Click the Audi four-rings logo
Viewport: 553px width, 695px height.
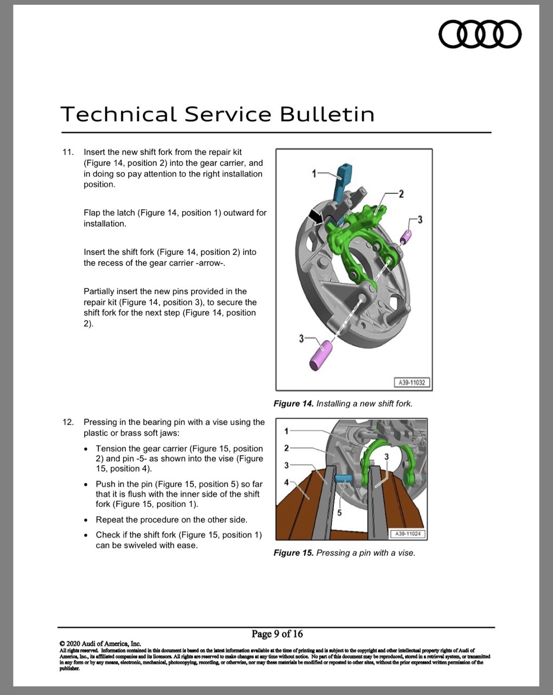point(480,34)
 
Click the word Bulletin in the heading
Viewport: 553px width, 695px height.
point(327,114)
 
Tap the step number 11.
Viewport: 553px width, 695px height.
point(68,152)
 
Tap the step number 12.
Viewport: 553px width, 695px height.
point(68,422)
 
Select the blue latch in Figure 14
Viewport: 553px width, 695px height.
point(342,184)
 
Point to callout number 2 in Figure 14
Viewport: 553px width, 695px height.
point(401,194)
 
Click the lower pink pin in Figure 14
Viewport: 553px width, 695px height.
point(321,355)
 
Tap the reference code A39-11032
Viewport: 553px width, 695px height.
point(412,383)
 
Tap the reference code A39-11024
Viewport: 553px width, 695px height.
point(408,534)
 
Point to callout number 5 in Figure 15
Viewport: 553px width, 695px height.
point(339,513)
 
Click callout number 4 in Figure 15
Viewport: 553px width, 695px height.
point(286,483)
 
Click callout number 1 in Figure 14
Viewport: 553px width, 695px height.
point(314,174)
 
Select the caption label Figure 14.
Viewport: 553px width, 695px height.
point(293,404)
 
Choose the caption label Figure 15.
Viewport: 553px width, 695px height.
point(293,553)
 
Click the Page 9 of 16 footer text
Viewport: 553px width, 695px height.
point(277,634)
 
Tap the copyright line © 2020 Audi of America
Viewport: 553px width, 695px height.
point(100,644)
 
